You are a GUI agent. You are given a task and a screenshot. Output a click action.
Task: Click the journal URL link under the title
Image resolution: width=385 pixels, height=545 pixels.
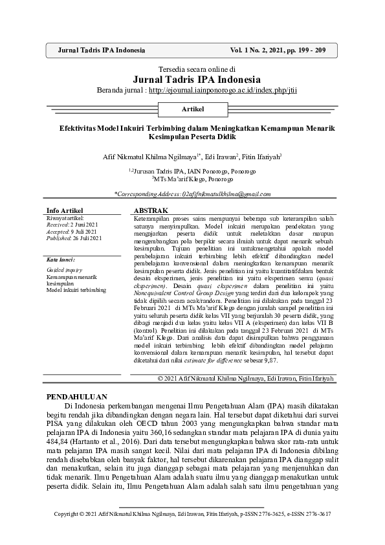223,90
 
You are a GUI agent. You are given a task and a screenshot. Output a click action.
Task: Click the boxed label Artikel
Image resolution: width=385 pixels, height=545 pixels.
192,109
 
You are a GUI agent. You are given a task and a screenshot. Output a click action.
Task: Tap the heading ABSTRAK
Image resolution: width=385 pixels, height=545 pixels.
150,211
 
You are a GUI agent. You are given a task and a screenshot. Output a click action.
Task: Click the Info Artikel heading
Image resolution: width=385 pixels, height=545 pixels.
65,211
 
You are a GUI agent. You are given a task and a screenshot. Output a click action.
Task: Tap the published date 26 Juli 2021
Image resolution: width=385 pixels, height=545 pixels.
85,238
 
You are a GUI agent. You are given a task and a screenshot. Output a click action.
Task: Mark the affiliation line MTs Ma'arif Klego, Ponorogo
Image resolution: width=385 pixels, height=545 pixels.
193,179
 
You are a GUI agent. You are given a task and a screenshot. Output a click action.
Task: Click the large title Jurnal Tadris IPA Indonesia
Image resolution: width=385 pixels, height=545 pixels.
192,78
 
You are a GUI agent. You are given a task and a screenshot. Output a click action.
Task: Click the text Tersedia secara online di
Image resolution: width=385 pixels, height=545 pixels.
192,67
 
